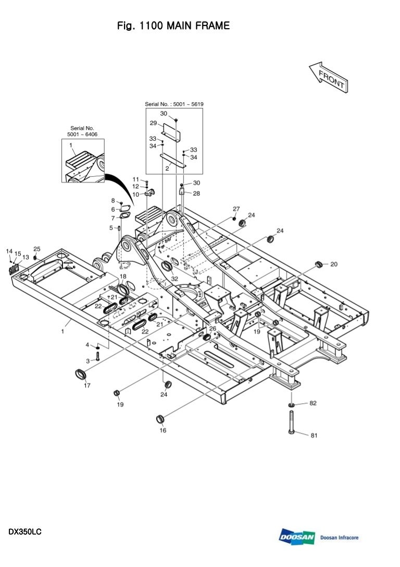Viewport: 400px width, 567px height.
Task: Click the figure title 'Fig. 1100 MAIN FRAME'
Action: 173,26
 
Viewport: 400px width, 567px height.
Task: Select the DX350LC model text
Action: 25,532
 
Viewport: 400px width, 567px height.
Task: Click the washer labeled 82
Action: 291,404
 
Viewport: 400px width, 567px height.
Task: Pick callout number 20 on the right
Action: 334,264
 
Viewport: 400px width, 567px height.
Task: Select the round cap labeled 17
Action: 80,374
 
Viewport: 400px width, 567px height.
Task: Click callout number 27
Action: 236,209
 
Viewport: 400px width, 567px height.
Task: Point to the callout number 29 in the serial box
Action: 154,123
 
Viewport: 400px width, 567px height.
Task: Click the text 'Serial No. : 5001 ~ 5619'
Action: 174,104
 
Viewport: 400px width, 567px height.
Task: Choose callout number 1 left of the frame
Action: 63,332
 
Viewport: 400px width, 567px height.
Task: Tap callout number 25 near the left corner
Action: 36,249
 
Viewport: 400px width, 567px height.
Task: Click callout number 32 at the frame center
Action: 174,279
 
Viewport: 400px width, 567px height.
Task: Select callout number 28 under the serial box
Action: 196,193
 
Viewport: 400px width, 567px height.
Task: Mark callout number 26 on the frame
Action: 213,329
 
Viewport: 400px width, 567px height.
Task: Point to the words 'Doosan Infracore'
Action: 340,537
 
